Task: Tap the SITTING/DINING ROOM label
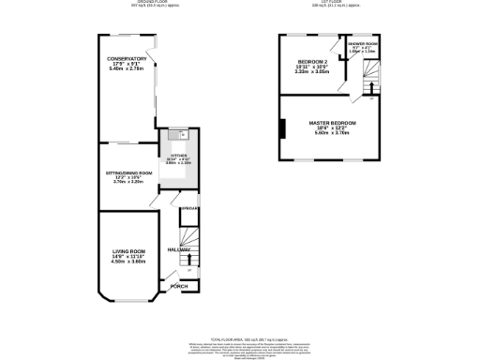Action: tap(127, 172)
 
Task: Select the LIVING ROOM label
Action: tap(129, 250)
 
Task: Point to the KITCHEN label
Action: tap(177, 156)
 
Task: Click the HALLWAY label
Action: tap(179, 249)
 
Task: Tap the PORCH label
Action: tap(179, 286)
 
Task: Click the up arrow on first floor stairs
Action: tap(372, 88)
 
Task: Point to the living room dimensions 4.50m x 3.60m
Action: tap(129, 262)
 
